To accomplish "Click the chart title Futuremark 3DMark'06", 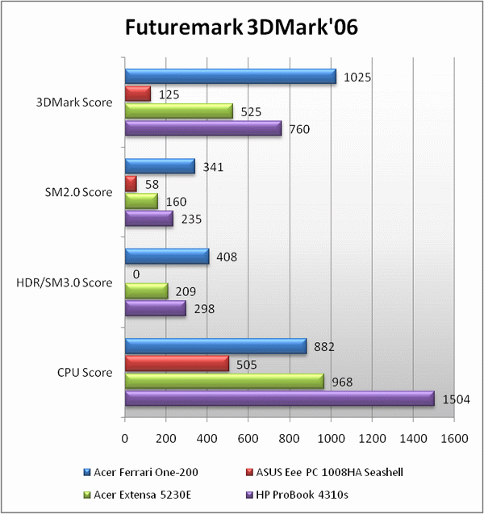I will tap(241, 28).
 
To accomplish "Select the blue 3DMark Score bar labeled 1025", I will tap(230, 77).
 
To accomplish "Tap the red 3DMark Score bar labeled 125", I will tap(137, 94).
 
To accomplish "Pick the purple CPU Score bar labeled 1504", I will tap(279, 398).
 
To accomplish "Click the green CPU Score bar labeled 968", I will tap(224, 381).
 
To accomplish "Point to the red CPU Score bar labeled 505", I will tap(177, 363).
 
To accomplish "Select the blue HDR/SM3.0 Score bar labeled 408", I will tap(167, 257).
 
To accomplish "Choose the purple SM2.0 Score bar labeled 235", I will tap(148, 219).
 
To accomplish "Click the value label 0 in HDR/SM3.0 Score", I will tap(136, 274).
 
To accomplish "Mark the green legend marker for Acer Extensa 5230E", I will tap(86, 493).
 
